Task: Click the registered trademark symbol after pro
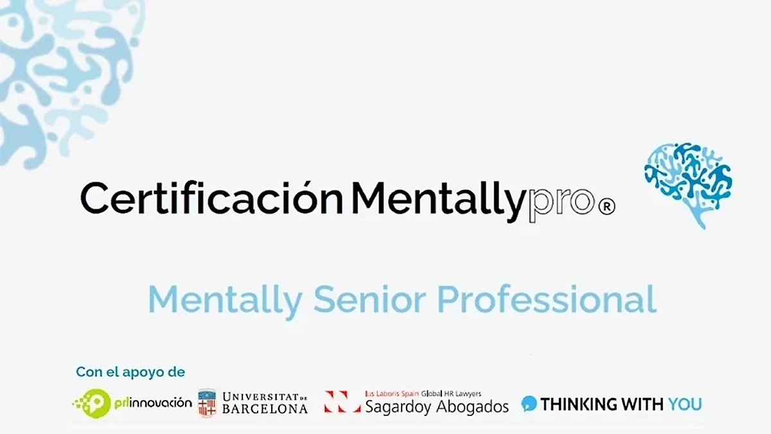(x=607, y=207)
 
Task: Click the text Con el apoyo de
(x=130, y=372)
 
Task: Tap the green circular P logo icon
(x=94, y=403)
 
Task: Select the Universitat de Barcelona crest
(x=207, y=403)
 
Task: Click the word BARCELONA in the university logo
(x=265, y=409)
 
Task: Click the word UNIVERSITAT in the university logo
(x=258, y=396)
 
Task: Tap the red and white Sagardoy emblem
(x=342, y=402)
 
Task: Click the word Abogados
(x=473, y=406)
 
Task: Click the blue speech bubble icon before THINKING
(x=529, y=403)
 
